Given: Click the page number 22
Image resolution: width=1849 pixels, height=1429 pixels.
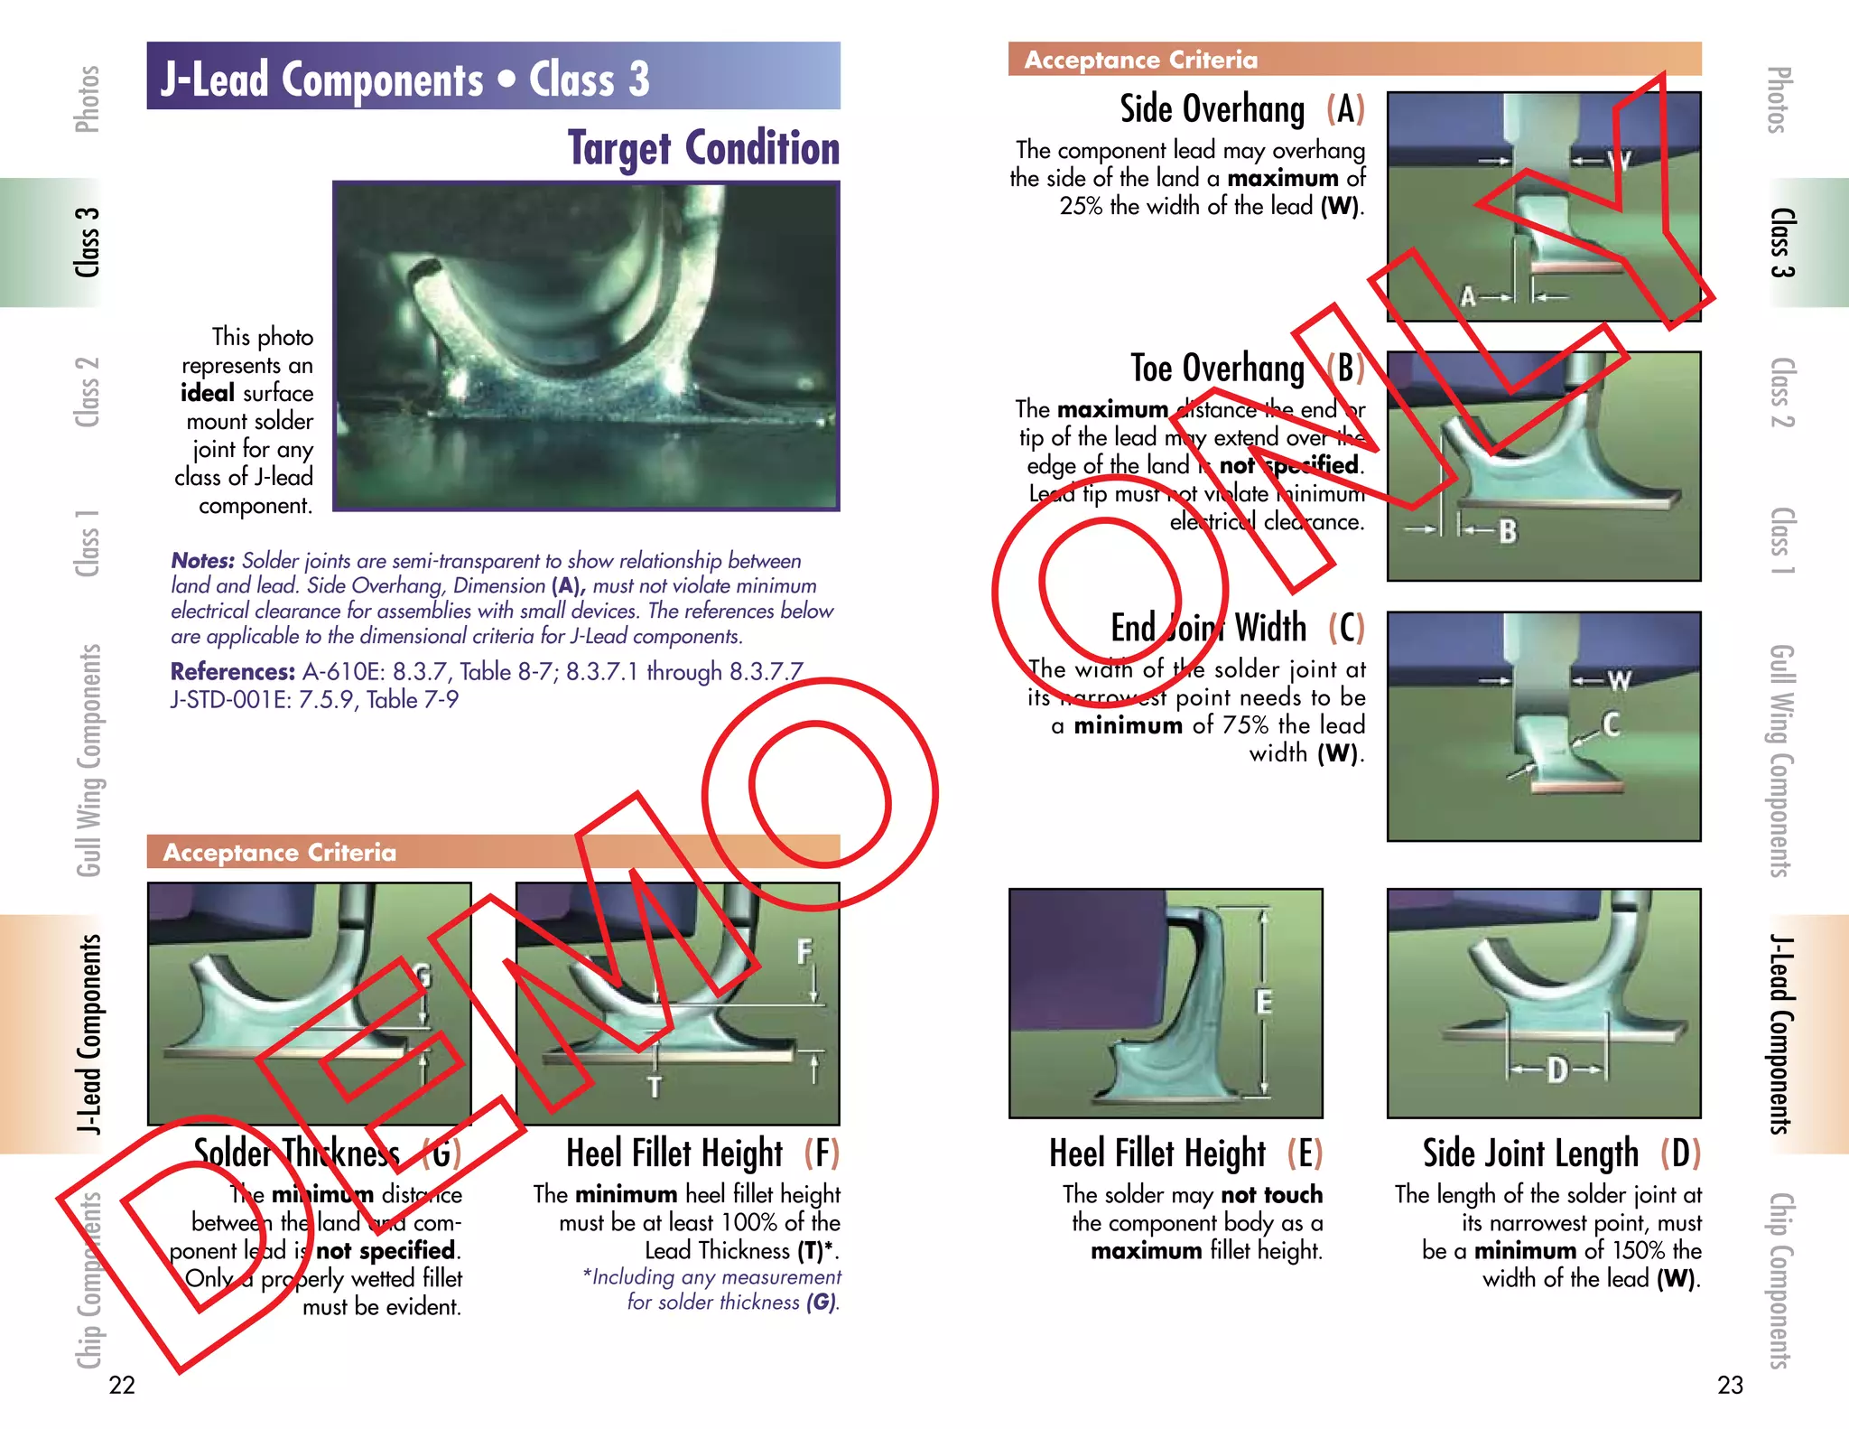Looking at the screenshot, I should pos(122,1385).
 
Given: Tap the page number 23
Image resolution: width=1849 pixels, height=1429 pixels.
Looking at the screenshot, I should pos(1730,1385).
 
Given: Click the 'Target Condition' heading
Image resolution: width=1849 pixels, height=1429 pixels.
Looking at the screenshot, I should pos(703,148).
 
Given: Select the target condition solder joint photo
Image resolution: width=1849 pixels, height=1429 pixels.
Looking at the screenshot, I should pos(586,346).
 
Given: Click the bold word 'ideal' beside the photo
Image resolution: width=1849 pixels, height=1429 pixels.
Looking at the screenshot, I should pos(208,393).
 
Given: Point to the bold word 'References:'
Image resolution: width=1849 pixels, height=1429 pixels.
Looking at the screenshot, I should pos(233,672).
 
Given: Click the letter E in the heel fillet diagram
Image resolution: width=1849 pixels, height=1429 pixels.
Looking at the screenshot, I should pos(1264,1002).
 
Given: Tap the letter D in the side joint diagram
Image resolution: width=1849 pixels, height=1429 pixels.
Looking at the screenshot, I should pos(1557,1070).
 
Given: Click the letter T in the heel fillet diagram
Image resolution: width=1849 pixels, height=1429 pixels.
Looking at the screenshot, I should pos(655,1087).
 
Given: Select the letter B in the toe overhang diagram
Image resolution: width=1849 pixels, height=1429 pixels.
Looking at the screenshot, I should pos(1508,531).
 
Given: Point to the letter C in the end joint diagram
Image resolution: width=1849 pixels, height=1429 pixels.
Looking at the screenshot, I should pos(1611,724).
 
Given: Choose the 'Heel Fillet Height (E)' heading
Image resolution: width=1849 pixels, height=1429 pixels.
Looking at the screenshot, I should pos(1185,1153).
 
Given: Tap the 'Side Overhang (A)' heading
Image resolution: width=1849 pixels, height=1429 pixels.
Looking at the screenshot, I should pos(1241,109).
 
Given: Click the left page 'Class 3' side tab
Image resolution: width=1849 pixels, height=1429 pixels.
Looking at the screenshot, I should pos(88,242).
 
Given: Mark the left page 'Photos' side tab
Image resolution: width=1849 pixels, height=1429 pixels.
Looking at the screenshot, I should pos(88,99).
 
